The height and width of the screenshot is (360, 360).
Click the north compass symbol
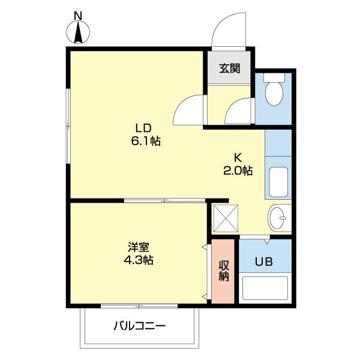click(x=78, y=32)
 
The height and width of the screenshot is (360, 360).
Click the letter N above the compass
click(x=77, y=14)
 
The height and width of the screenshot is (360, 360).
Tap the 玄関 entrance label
click(x=229, y=68)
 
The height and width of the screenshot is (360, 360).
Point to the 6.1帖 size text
click(x=145, y=142)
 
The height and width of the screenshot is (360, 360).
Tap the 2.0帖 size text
click(x=238, y=170)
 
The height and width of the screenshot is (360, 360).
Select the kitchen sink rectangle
click(x=278, y=181)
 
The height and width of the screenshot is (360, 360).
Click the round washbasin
click(x=279, y=218)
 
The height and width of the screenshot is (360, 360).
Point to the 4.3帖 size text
click(x=138, y=261)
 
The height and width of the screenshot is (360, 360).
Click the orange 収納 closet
click(x=223, y=271)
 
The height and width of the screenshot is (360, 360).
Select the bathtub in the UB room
click(x=265, y=288)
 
